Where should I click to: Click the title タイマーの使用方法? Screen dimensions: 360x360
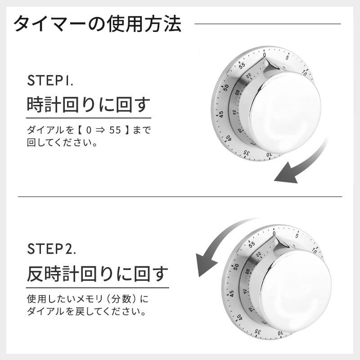[97, 24]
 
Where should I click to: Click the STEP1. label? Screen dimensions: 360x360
[50, 81]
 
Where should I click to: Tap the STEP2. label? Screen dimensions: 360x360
[51, 249]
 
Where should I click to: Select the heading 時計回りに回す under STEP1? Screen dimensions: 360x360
[88, 105]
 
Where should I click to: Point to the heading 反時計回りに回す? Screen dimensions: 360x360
[98, 274]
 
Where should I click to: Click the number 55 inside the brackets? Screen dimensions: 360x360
[115, 130]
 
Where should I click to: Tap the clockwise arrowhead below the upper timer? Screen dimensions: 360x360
[287, 173]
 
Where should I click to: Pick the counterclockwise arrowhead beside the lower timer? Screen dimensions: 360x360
[206, 264]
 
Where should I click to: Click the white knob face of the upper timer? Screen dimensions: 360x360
[285, 112]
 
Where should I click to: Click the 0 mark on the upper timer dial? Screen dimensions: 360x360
[265, 55]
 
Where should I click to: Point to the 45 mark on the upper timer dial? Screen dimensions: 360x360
[221, 114]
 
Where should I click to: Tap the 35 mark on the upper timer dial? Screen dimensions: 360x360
[247, 153]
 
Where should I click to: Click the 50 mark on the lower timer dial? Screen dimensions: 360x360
[236, 266]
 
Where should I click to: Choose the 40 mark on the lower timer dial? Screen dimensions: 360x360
[239, 317]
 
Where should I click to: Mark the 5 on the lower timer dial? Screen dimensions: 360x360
[297, 235]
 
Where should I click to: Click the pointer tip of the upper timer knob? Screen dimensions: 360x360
[266, 59]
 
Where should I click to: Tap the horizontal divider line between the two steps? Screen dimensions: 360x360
[180, 197]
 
